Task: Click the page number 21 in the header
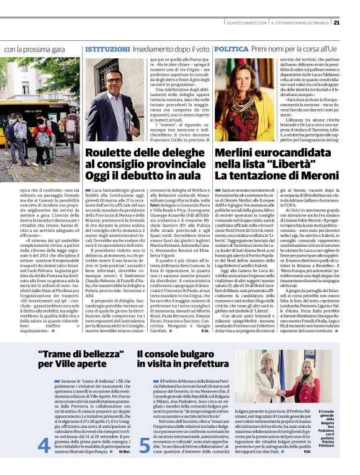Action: click(x=353, y=23)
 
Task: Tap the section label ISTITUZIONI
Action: click(x=107, y=48)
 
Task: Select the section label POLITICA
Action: click(x=232, y=48)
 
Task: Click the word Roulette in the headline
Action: click(x=107, y=153)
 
